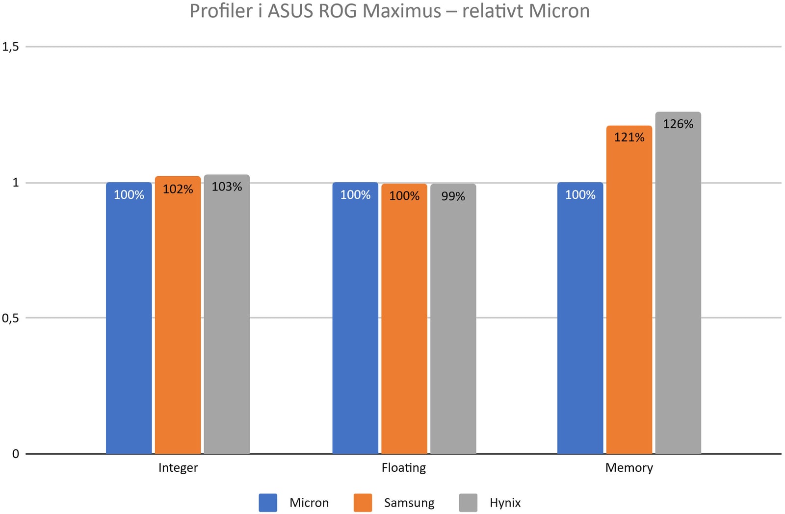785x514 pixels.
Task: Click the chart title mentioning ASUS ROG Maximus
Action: click(390, 11)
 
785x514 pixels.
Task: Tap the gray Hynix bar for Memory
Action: click(678, 295)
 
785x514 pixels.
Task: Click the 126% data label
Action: click(678, 124)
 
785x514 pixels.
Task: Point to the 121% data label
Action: click(629, 137)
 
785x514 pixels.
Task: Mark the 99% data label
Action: click(453, 196)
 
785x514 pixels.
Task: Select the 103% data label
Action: click(227, 187)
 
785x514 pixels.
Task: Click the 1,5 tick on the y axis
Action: click(10, 47)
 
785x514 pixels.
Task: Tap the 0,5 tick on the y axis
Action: click(10, 318)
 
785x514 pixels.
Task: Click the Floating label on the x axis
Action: click(404, 468)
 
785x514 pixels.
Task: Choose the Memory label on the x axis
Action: click(629, 468)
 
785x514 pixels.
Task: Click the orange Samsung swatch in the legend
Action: click(363, 503)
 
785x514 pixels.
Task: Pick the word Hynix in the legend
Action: click(505, 503)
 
